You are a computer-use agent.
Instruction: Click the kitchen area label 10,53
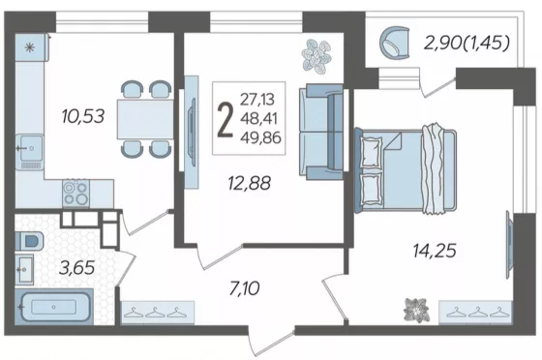tap(83, 116)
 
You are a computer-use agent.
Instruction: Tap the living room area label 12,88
tap(250, 183)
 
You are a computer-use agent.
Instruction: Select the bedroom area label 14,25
tap(435, 250)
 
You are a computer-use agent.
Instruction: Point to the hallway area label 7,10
tap(244, 288)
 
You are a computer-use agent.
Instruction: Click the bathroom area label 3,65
tap(76, 267)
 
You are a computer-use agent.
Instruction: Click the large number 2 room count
tap(226, 119)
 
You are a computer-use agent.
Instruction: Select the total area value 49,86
tap(261, 137)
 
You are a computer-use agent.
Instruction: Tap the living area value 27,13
tap(257, 100)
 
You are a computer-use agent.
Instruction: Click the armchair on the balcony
tap(395, 44)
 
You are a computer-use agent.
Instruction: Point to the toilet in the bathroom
tap(29, 241)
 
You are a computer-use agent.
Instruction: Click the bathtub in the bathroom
tap(54, 307)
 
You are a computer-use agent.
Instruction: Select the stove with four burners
tap(76, 194)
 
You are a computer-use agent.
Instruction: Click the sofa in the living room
tap(321, 132)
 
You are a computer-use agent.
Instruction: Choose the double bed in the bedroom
tap(406, 170)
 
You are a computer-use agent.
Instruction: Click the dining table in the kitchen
tap(145, 119)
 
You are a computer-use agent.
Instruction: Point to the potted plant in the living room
tap(316, 56)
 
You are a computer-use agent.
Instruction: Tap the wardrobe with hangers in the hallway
tap(158, 313)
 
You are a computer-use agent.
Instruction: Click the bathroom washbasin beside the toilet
tap(24, 269)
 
